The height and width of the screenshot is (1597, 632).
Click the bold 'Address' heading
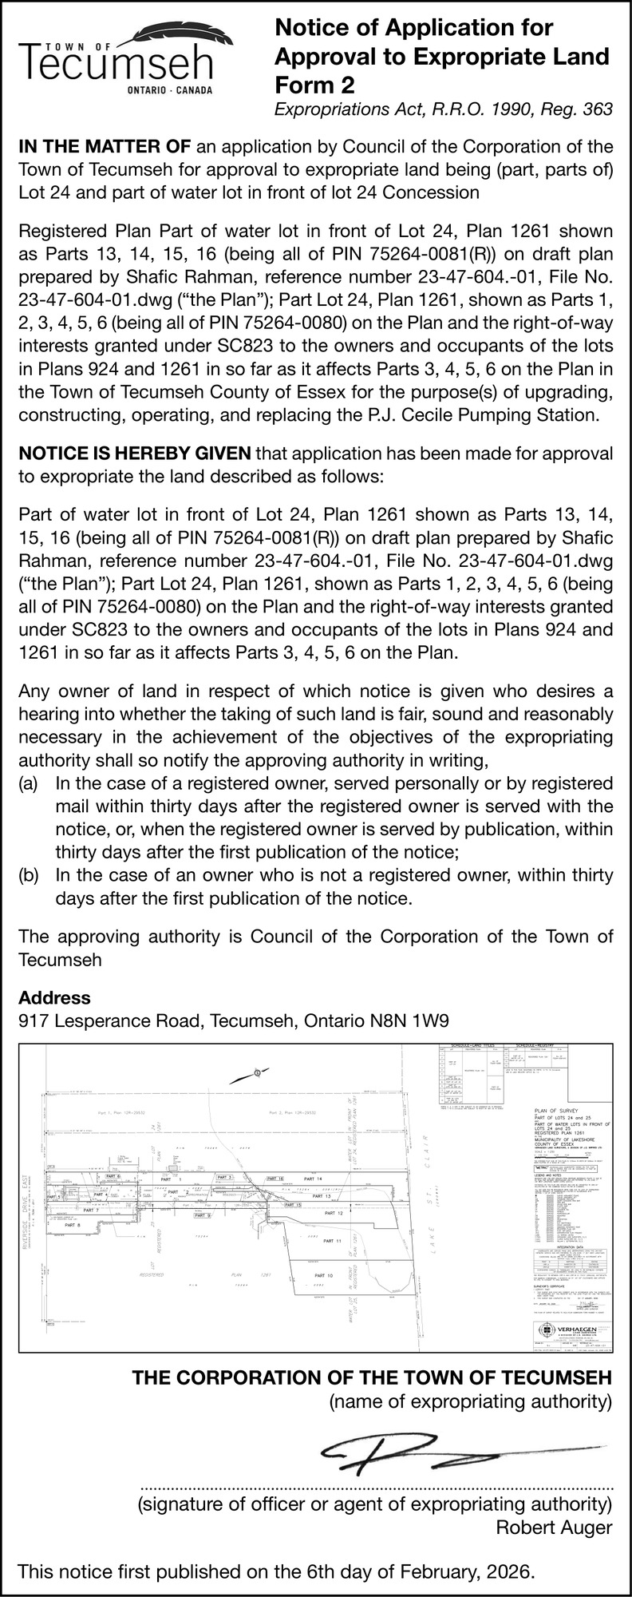[x=54, y=997]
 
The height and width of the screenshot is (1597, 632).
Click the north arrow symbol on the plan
[x=257, y=1072]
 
